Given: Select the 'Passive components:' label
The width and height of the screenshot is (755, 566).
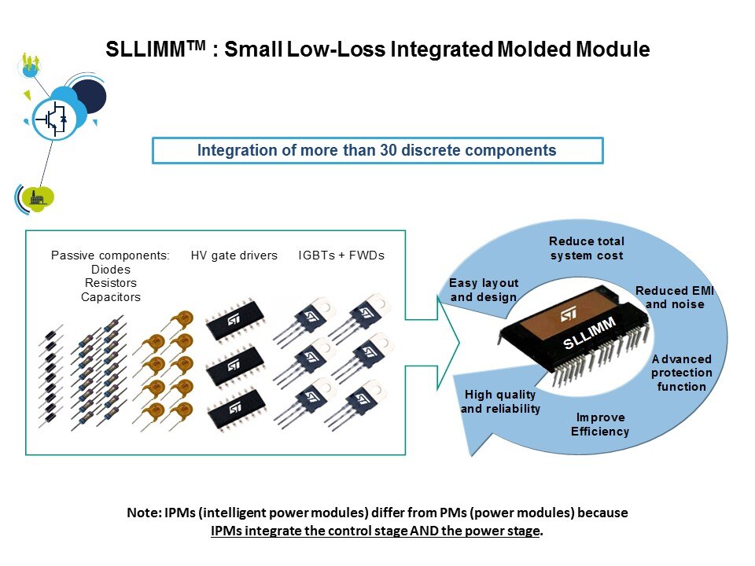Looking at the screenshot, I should click(110, 255).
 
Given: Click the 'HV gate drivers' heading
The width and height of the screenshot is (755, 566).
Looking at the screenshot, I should click(234, 255).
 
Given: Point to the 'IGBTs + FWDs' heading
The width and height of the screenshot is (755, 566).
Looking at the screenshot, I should click(341, 255).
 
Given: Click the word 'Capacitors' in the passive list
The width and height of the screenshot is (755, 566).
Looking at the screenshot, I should click(110, 297).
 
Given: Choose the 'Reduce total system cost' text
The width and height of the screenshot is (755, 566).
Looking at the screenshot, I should click(586, 248).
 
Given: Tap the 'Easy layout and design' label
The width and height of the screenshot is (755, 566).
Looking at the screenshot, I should click(484, 290).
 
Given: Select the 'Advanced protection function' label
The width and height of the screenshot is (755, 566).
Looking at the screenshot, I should click(681, 373).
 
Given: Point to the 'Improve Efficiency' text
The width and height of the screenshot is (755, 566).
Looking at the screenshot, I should click(600, 424).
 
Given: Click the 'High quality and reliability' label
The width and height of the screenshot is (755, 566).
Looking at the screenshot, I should click(500, 402).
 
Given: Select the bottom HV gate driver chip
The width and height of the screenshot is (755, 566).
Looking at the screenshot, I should click(234, 410).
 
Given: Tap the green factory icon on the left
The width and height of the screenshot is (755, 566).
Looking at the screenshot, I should click(37, 197).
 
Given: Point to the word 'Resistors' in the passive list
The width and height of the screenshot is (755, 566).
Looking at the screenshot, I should click(110, 283).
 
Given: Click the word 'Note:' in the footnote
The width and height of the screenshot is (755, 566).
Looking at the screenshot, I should click(145, 513).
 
